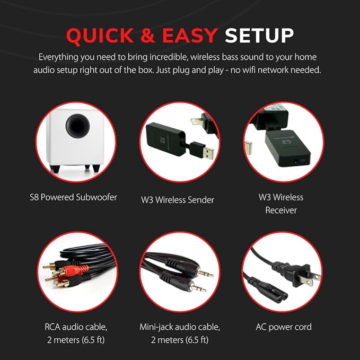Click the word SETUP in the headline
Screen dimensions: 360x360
(259, 36)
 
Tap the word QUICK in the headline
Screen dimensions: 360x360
(100, 36)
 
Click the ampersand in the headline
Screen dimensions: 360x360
(147, 36)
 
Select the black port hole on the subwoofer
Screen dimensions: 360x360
(77, 125)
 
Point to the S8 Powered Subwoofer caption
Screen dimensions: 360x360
(74, 197)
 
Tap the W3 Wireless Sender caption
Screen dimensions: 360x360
(178, 200)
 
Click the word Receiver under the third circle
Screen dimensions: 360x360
(281, 210)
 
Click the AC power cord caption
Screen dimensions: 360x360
(284, 327)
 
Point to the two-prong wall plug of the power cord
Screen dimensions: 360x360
(296, 274)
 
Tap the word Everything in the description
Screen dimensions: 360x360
(58, 57)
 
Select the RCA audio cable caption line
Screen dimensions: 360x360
(76, 327)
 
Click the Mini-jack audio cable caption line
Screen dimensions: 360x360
(180, 327)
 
